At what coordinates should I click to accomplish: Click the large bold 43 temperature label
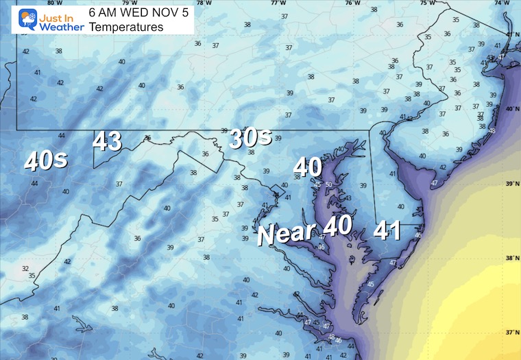tap(108, 142)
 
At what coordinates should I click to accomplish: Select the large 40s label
tap(46, 161)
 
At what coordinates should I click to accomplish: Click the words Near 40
tap(304, 228)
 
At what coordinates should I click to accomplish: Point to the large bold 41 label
tap(388, 230)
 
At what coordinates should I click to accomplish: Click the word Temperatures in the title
tap(126, 27)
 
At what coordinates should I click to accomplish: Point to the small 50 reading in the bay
tap(329, 185)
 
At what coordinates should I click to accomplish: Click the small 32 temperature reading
tap(25, 268)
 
